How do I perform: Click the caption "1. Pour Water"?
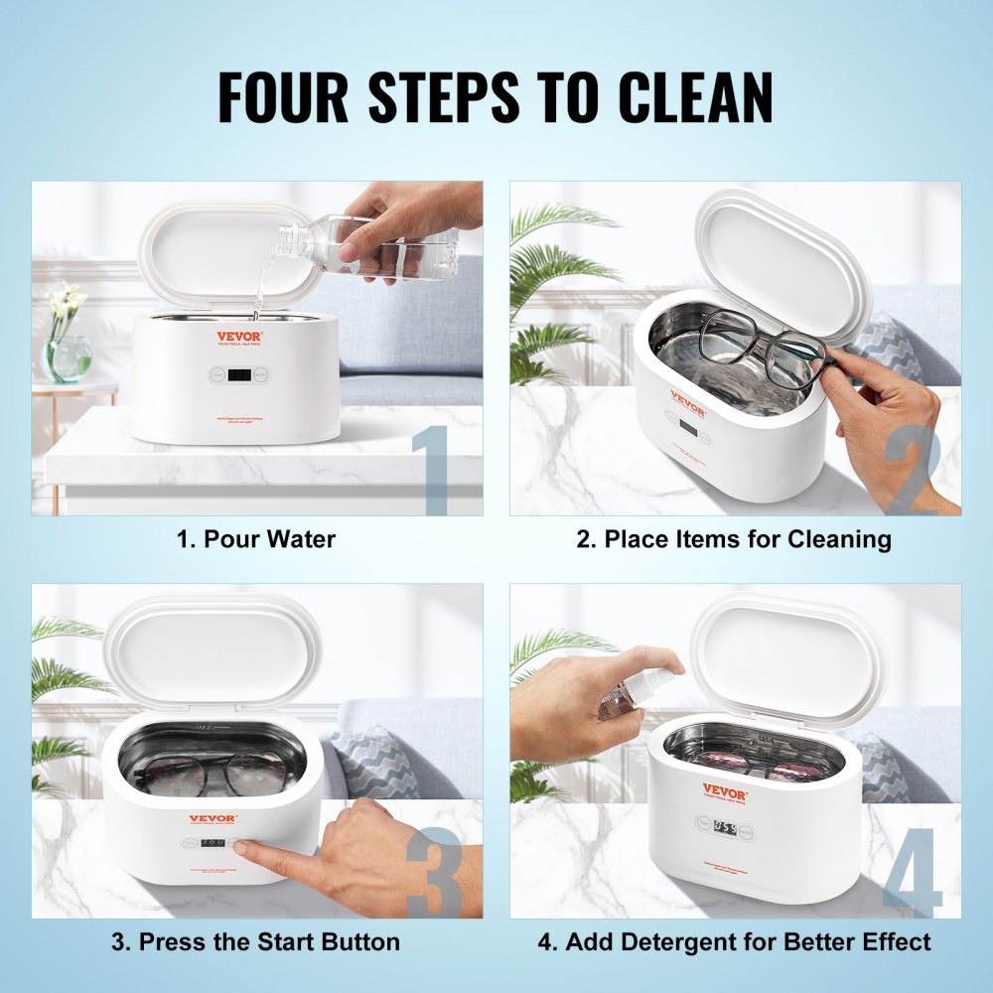click(256, 539)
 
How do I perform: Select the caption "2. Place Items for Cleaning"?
click(734, 539)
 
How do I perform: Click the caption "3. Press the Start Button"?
click(255, 941)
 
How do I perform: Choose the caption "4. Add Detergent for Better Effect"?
click(734, 941)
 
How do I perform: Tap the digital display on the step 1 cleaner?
click(237, 375)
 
